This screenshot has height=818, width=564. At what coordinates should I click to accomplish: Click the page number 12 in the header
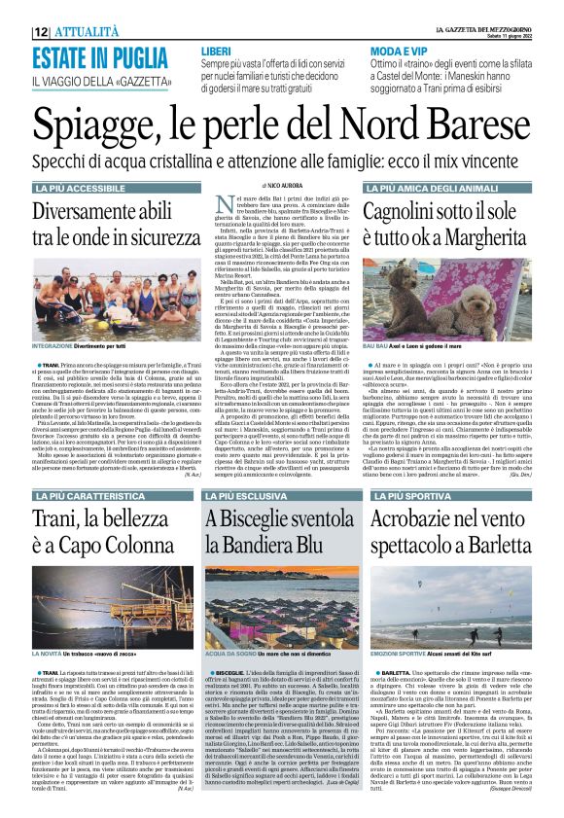40,32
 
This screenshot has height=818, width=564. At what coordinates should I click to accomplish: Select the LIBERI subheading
215,50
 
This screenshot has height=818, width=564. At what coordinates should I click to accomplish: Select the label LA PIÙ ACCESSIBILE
79,187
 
